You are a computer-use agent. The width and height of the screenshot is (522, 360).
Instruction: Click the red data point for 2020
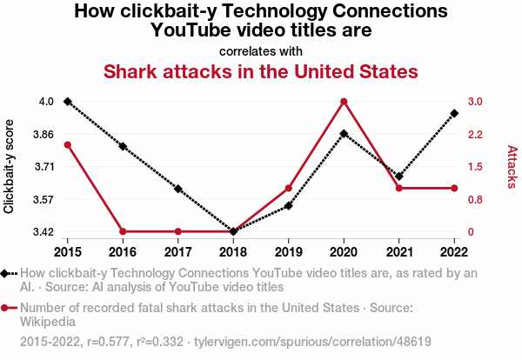click(344, 102)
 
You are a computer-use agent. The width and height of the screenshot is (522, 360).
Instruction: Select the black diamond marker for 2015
click(67, 102)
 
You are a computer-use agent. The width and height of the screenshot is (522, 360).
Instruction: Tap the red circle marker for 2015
click(67, 144)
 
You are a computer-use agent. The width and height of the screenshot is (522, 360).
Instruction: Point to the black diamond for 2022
click(454, 113)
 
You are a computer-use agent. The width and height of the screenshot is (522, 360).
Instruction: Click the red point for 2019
click(288, 188)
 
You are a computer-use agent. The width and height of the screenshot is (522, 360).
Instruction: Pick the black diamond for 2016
click(123, 146)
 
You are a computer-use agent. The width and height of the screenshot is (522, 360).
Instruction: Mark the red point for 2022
click(454, 188)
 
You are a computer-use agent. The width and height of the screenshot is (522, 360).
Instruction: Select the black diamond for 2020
click(344, 134)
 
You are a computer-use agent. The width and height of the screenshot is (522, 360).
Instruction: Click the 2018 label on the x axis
click(233, 252)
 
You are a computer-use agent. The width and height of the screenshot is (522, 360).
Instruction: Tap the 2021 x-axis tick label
click(399, 252)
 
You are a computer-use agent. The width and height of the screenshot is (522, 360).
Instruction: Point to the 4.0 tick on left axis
click(45, 102)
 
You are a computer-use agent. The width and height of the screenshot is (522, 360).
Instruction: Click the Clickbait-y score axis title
click(10, 167)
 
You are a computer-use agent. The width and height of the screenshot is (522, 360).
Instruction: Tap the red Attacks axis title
click(512, 167)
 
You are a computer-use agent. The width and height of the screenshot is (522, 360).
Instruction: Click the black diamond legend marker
click(6, 273)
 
